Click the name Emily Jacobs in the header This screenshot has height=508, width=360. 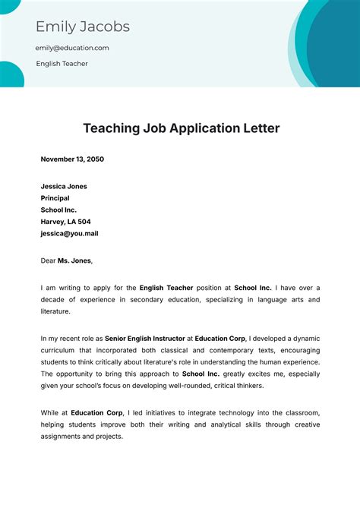(x=83, y=27)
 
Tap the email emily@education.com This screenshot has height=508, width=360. (x=72, y=48)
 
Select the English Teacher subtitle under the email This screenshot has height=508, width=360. (x=62, y=64)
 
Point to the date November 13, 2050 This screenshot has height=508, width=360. (x=72, y=159)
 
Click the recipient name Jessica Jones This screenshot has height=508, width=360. (x=64, y=186)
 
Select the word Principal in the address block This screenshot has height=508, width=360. (x=55, y=198)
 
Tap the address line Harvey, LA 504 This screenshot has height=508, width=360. (x=65, y=222)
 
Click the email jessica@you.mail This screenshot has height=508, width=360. (x=69, y=234)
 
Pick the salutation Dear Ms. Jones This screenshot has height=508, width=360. (x=66, y=260)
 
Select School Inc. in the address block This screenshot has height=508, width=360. (x=58, y=210)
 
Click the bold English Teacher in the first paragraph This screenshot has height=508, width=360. (x=169, y=288)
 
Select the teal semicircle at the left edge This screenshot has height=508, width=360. (x=9, y=74)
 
